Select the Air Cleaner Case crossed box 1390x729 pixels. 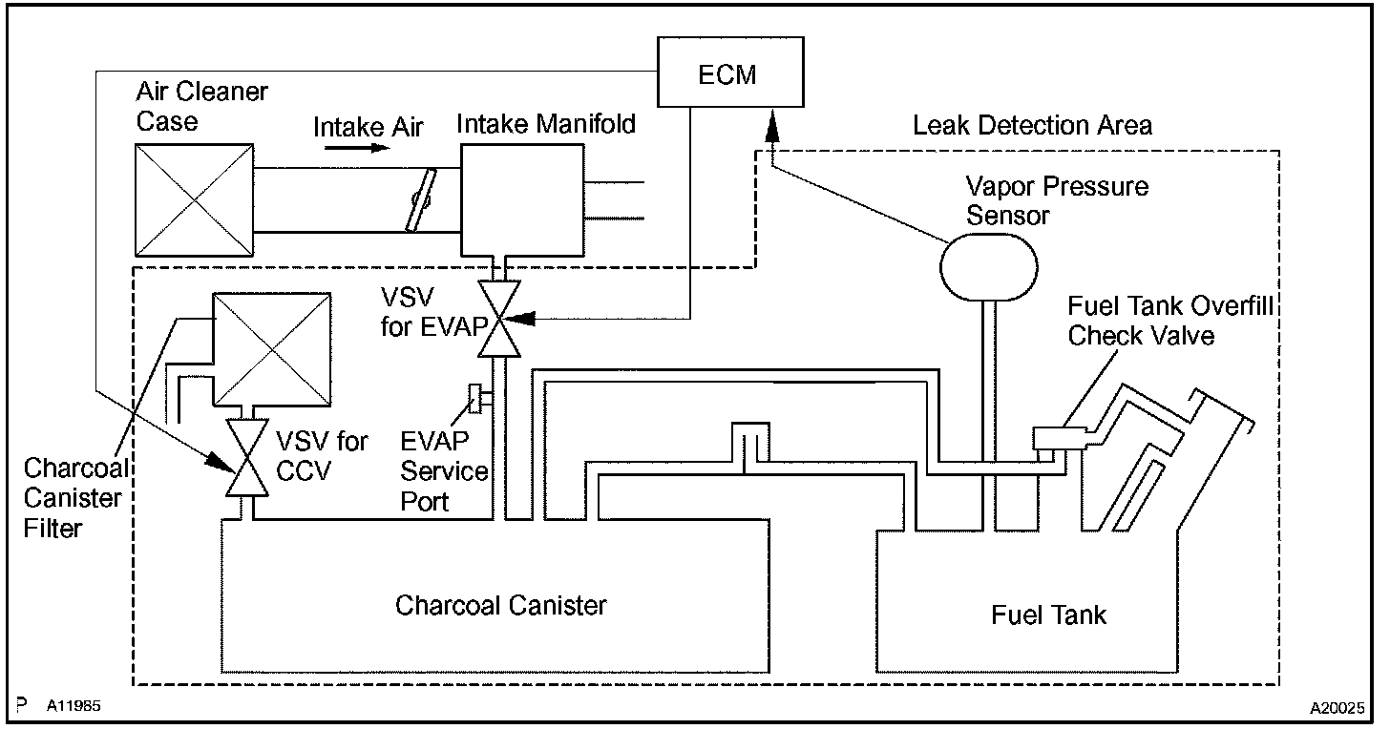[x=194, y=199]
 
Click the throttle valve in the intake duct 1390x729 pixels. [x=421, y=199]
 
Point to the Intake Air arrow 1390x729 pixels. [x=357, y=148]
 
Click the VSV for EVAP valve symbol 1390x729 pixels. [x=499, y=319]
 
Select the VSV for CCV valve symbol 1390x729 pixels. [x=247, y=458]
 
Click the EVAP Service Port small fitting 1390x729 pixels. [x=474, y=398]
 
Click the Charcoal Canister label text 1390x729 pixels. [x=501, y=605]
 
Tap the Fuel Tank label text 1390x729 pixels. [x=1048, y=614]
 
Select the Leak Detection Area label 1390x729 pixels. [x=1032, y=125]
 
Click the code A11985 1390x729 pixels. [x=74, y=705]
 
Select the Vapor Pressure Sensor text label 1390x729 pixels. [x=1057, y=201]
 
